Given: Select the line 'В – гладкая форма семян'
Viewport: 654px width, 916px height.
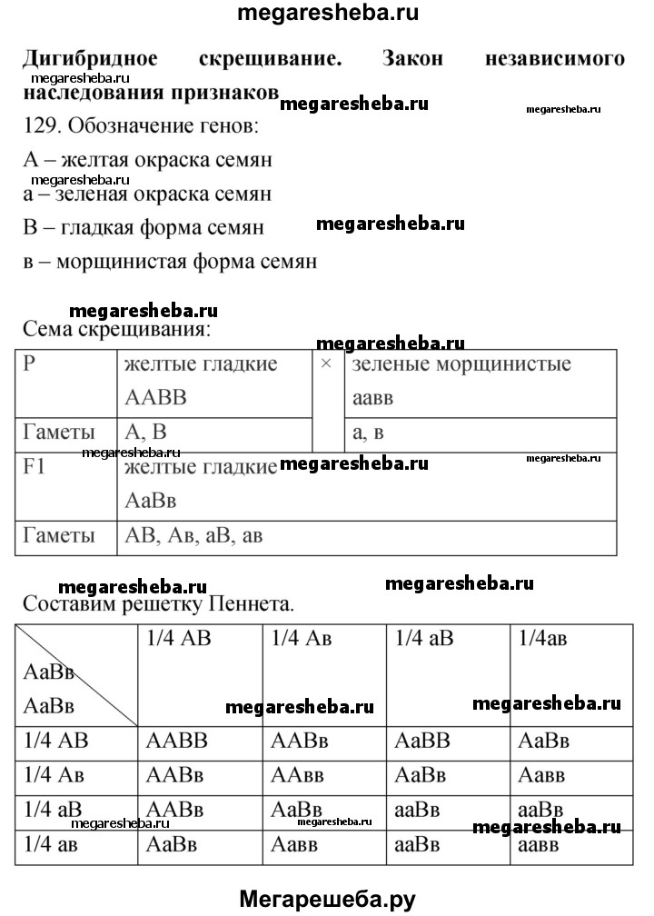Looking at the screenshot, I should pyautogui.click(x=144, y=227).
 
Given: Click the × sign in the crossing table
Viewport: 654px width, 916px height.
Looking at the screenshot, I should pyautogui.click(x=327, y=363).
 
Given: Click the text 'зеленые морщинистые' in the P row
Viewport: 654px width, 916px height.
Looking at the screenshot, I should pyautogui.click(x=461, y=364).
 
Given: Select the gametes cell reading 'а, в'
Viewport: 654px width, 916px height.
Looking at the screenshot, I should pyautogui.click(x=368, y=433).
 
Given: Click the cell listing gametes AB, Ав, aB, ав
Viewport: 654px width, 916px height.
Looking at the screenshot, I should pyautogui.click(x=192, y=535).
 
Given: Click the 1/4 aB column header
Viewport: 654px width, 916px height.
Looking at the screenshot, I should pyautogui.click(x=424, y=638).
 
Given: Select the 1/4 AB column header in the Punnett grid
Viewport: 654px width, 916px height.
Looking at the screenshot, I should pyautogui.click(x=178, y=638).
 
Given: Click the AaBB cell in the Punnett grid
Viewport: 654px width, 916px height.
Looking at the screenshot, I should pyautogui.click(x=422, y=742).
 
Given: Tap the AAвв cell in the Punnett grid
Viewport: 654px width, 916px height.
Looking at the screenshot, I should pyautogui.click(x=299, y=775).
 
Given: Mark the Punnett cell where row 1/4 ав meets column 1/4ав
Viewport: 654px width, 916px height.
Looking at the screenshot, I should pyautogui.click(x=540, y=844).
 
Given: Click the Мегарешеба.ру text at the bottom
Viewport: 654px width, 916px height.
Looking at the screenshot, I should pyautogui.click(x=327, y=898).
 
